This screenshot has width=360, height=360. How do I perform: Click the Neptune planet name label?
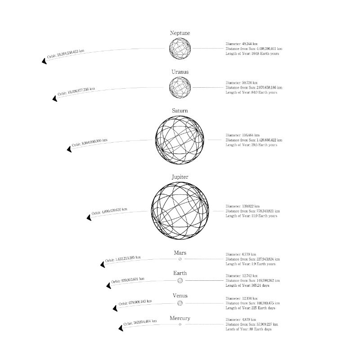coord(180,33)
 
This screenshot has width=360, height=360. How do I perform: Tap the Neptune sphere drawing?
coord(180,48)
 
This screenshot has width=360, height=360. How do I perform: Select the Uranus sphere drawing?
coord(180,87)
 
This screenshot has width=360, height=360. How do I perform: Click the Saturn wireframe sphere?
coord(180,139)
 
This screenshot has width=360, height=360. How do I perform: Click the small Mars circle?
coord(180,259)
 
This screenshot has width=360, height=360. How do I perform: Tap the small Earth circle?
coord(180,280)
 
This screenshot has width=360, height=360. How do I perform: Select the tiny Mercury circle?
coord(180,324)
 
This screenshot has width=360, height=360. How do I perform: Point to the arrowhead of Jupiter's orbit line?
coord(89,218)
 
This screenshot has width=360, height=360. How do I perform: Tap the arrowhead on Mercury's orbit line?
coord(121,328)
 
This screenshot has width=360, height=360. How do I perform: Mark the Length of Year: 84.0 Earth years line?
coord(251,92)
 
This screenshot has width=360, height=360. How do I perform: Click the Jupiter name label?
coord(180,177)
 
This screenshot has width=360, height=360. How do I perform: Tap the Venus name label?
coord(180,296)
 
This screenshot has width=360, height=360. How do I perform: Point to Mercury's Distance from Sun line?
coord(252,324)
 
